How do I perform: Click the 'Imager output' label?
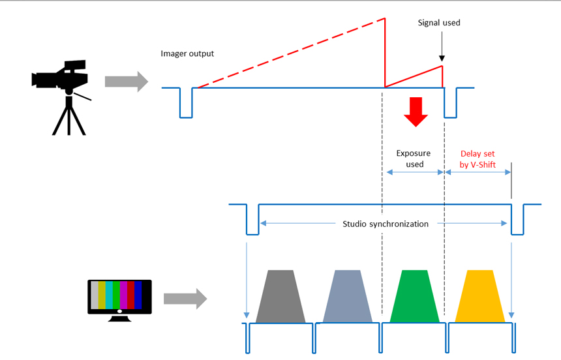click(187, 53)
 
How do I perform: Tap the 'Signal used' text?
click(439, 23)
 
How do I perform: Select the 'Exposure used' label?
click(414, 158)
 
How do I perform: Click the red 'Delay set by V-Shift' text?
click(478, 159)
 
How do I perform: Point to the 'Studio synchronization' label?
click(386, 224)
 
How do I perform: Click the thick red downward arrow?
click(416, 112)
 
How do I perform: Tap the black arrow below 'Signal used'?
click(442, 46)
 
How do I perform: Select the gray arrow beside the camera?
click(127, 82)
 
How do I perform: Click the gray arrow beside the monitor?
click(185, 299)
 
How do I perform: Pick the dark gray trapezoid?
click(280, 296)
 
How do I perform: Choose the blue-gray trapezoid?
click(348, 296)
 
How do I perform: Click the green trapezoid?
click(415, 296)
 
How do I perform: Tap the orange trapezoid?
click(479, 296)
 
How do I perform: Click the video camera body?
click(61, 76)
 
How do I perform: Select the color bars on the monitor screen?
click(117, 295)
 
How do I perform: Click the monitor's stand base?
click(119, 318)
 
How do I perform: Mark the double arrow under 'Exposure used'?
click(416, 172)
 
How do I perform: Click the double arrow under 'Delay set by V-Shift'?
click(478, 172)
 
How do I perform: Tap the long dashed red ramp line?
click(291, 53)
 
